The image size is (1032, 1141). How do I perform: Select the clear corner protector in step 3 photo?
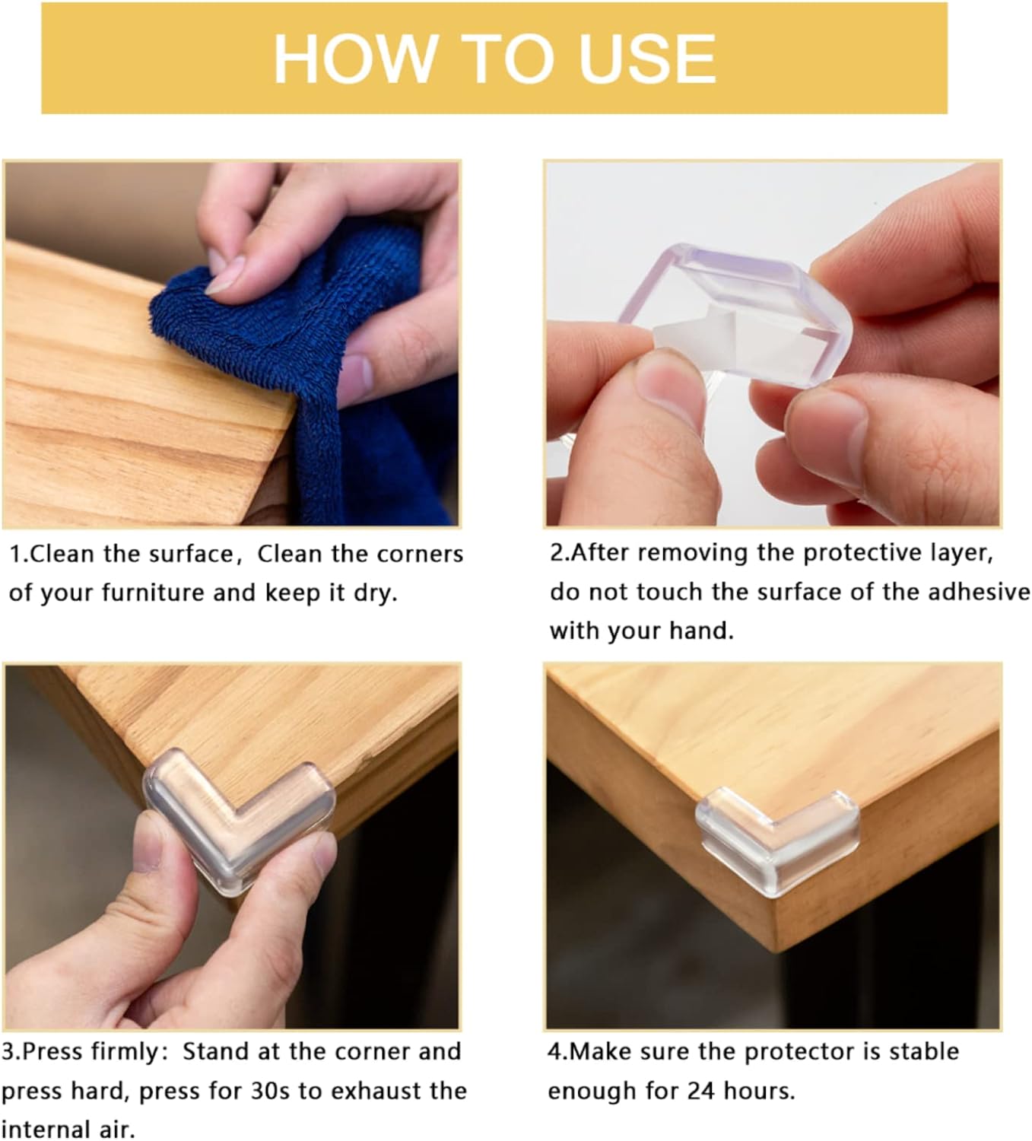click(x=240, y=814)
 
